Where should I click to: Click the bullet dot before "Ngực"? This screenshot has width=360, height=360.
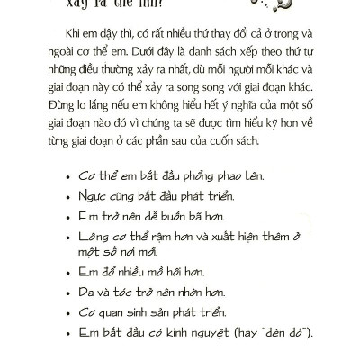click(67, 205)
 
